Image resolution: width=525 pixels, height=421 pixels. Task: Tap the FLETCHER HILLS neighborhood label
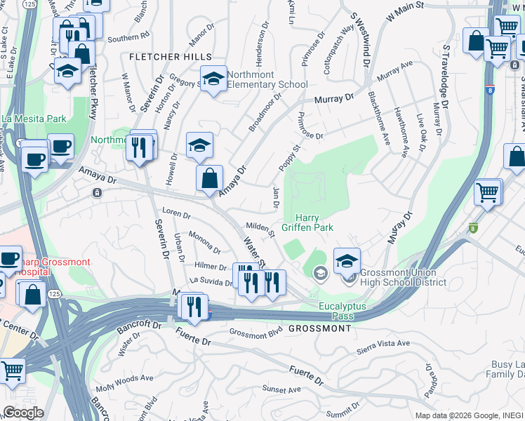coord(170,56)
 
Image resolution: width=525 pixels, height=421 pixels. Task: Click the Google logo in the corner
coord(22,412)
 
